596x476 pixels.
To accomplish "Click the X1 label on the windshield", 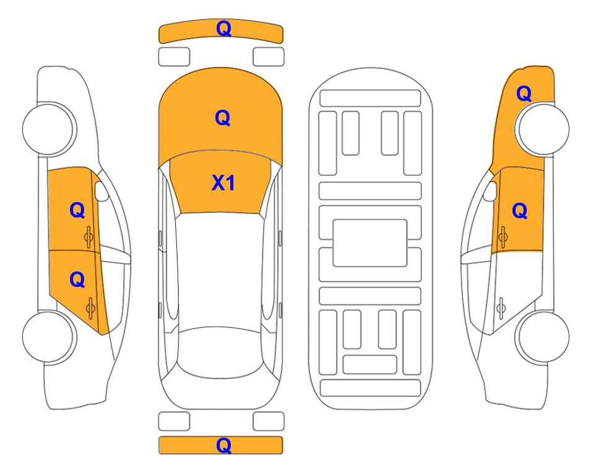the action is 223,183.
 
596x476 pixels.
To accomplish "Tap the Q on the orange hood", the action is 223,118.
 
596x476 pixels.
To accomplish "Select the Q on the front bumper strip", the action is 223,29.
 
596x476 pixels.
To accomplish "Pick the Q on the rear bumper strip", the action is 223,445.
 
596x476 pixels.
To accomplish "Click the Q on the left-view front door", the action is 77,210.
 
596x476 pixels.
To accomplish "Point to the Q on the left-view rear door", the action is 77,280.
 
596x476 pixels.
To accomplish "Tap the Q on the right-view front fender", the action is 524,94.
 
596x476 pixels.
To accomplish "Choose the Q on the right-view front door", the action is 520,211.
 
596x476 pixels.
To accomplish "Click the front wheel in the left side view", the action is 48,129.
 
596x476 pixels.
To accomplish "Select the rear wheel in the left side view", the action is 48,337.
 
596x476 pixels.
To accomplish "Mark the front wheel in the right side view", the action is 543,129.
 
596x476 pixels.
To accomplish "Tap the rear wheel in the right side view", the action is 543,337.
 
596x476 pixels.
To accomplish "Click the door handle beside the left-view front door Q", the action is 89,237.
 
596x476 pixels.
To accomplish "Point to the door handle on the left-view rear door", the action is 90,307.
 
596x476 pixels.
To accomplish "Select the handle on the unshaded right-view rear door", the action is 501,307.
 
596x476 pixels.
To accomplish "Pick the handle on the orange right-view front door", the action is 503,237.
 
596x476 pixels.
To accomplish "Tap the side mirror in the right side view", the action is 490,191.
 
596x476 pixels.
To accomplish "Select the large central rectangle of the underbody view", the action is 370,243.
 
